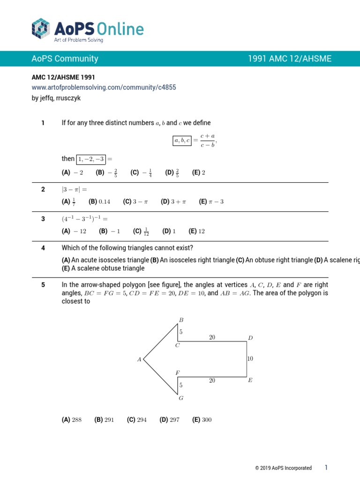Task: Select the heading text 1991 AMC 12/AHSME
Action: [x=289, y=59]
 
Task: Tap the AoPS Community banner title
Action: [x=65, y=59]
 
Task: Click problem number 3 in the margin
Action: [x=43, y=219]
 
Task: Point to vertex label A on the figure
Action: [x=139, y=360]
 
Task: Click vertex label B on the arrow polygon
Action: [x=181, y=320]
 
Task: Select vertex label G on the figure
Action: [x=181, y=398]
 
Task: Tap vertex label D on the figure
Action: [x=250, y=337]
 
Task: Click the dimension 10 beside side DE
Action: [x=250, y=359]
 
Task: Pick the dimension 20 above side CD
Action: [x=212, y=337]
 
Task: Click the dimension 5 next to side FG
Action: [x=181, y=385]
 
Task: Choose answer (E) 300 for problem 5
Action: [x=202, y=420]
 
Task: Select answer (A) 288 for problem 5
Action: [x=72, y=420]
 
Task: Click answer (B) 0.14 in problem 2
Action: [x=99, y=202]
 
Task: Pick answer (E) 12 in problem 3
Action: [x=197, y=231]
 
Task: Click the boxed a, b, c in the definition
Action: [x=182, y=140]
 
